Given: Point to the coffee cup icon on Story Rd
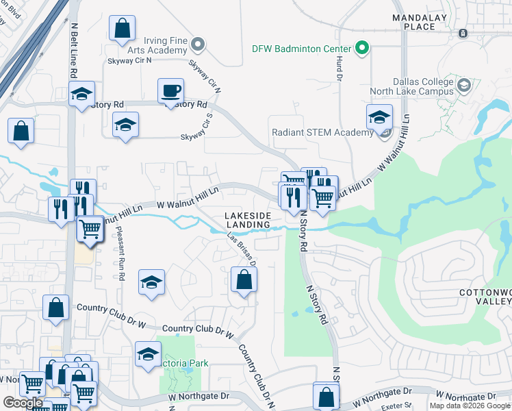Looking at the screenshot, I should (x=170, y=90).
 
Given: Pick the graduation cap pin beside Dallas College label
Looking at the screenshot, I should (x=464, y=85).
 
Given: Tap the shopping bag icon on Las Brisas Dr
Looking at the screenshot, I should (x=244, y=279).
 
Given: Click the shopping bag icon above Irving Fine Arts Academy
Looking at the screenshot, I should (x=122, y=29).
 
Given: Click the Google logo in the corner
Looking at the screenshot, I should (x=23, y=403).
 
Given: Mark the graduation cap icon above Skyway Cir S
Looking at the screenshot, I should (x=125, y=125).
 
